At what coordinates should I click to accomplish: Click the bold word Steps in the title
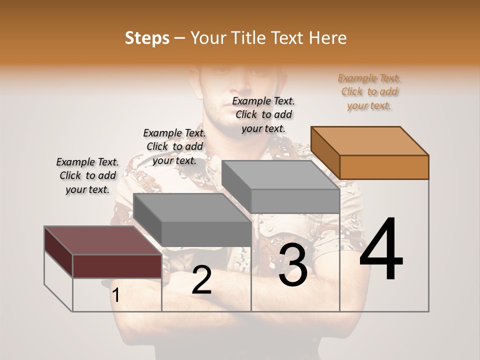pyautogui.click(x=147, y=38)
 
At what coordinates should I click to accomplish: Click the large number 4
pyautogui.click(x=381, y=250)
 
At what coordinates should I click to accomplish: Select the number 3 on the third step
pyautogui.click(x=293, y=265)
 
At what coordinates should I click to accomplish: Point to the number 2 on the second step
pyautogui.click(x=201, y=280)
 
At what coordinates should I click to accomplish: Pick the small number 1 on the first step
pyautogui.click(x=115, y=295)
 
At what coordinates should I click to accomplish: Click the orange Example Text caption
pyautogui.click(x=369, y=91)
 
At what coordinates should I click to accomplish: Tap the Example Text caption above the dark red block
pyautogui.click(x=87, y=175)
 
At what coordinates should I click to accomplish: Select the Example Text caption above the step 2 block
pyautogui.click(x=174, y=146)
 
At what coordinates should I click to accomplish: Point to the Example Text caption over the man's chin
pyautogui.click(x=263, y=114)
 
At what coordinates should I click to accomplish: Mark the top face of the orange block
pyautogui.click(x=370, y=140)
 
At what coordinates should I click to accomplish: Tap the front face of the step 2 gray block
pyautogui.click(x=206, y=233)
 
